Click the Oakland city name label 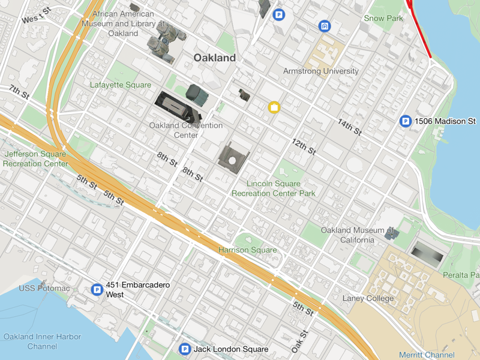(x=214, y=58)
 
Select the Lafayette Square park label (x=120, y=85)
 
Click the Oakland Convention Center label (x=185, y=130)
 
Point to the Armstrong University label (x=320, y=71)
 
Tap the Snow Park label (x=383, y=19)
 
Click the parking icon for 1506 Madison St (x=406, y=122)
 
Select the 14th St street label (x=349, y=127)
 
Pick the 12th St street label (x=304, y=146)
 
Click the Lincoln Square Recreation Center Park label (x=274, y=188)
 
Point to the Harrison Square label (x=247, y=250)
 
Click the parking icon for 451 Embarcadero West (x=97, y=290)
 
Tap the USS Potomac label (x=44, y=289)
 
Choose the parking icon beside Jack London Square (x=185, y=349)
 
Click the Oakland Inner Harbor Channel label (x=42, y=341)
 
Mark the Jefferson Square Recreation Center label (x=35, y=158)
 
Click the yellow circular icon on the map (x=274, y=107)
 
